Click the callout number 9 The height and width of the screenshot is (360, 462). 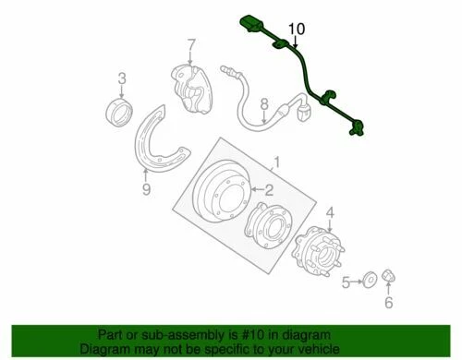pyautogui.click(x=145, y=191)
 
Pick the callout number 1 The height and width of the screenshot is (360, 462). pyautogui.click(x=274, y=163)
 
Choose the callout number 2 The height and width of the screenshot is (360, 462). pyautogui.click(x=268, y=190)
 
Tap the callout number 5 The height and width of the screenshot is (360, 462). pyautogui.click(x=346, y=282)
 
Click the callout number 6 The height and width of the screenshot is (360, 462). pyautogui.click(x=388, y=302)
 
